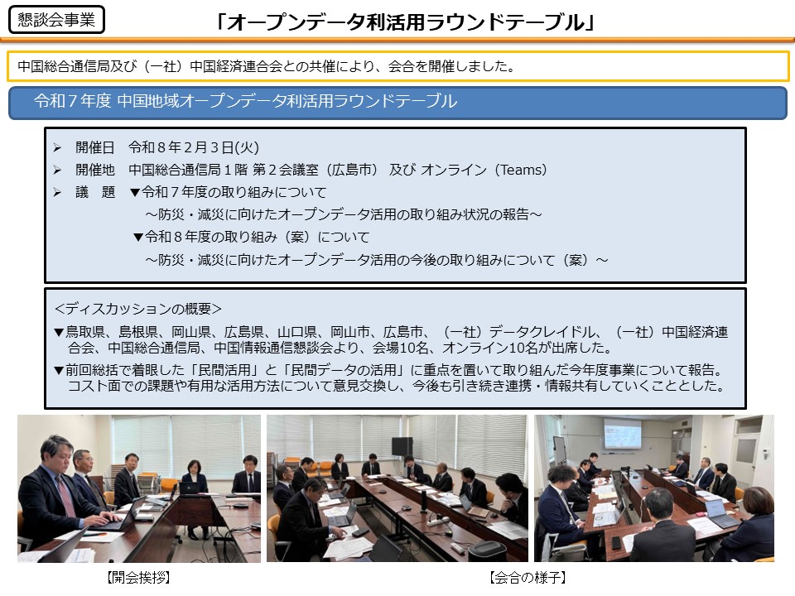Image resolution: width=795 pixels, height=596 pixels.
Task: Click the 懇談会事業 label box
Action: [x=56, y=20]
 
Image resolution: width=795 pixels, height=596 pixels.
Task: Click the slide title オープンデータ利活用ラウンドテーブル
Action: [x=405, y=22]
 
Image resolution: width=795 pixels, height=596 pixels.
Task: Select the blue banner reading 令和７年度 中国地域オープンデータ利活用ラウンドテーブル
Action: [x=397, y=103]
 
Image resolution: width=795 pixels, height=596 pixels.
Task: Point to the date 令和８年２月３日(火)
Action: [x=194, y=147]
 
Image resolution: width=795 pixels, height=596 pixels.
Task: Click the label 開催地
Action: [x=95, y=170]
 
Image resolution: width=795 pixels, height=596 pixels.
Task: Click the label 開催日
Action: [x=95, y=147]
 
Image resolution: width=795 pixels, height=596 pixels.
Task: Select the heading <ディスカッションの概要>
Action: [x=138, y=309]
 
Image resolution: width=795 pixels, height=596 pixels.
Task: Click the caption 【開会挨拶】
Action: [x=138, y=577]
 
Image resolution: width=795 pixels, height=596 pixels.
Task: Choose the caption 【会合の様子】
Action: [x=528, y=577]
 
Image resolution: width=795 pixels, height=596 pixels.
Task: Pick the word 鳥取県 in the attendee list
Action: [x=85, y=332]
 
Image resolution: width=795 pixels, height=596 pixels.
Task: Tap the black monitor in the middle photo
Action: [x=402, y=446]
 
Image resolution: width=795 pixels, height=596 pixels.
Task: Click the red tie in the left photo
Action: [x=66, y=494]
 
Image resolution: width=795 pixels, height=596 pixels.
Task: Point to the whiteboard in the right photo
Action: [x=559, y=450]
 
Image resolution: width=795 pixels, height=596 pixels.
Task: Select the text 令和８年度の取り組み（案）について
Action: [x=257, y=237]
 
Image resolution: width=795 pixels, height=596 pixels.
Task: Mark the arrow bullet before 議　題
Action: [x=57, y=192]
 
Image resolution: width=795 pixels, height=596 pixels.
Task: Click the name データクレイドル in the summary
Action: [x=542, y=332]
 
